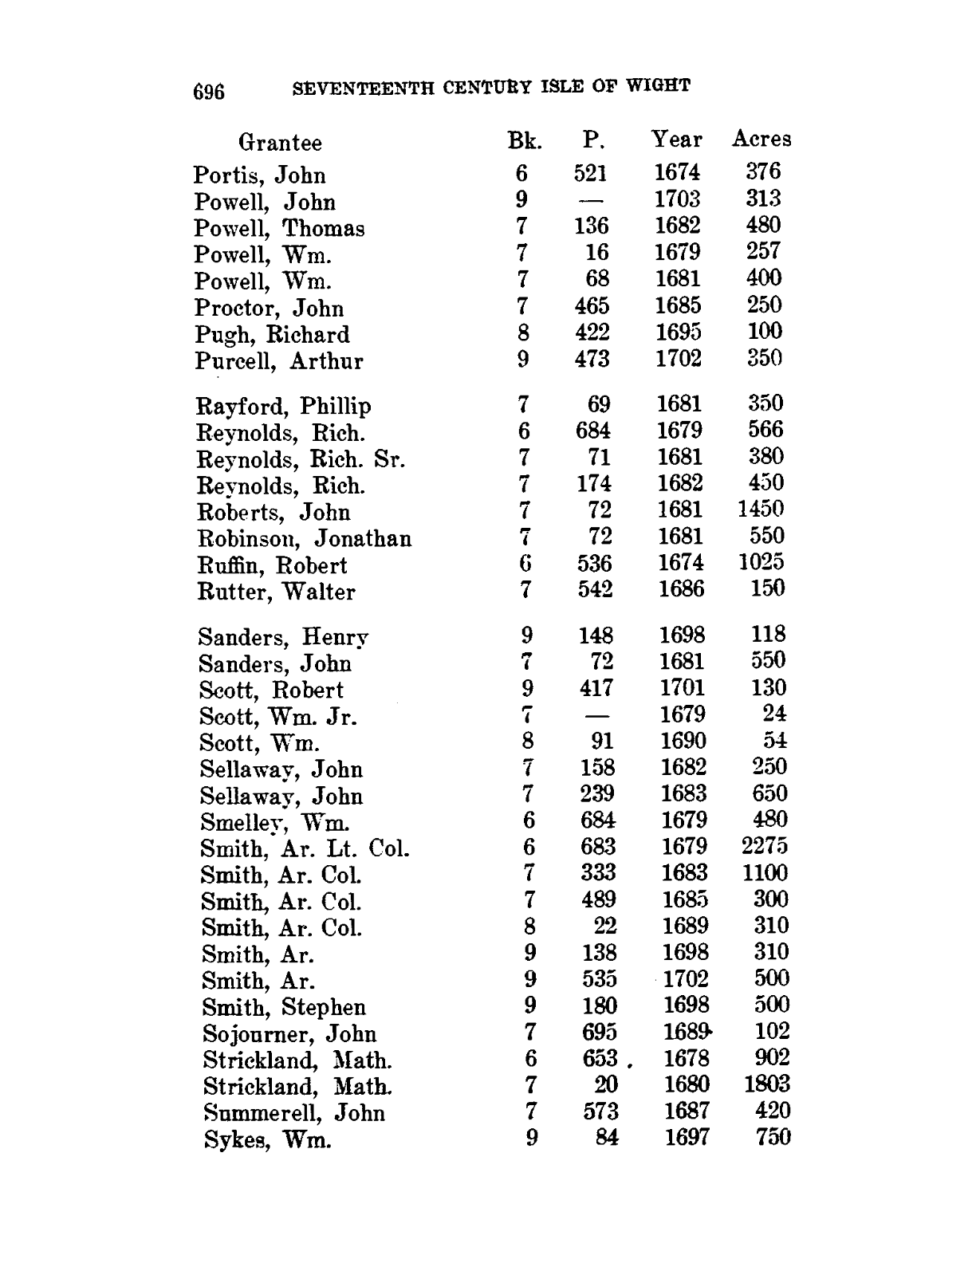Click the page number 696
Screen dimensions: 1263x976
[210, 92]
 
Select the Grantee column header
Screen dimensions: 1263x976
[280, 143]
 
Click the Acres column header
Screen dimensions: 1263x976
[762, 140]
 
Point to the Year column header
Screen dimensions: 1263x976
[677, 140]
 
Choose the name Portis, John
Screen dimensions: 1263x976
[260, 175]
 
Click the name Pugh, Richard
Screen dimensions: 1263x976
[273, 335]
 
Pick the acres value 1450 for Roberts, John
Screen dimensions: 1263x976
[761, 509]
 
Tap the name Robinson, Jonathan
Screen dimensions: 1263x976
[305, 539]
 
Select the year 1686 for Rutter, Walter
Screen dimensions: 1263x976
[682, 589]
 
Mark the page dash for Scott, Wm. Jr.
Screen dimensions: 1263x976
[598, 715]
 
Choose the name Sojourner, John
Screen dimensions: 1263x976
[289, 1034]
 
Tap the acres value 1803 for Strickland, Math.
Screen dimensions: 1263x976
[766, 1084]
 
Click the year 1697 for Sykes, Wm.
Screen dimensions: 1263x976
[687, 1138]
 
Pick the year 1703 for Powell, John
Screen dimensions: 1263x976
[677, 199]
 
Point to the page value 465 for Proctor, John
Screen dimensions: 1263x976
[592, 306]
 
